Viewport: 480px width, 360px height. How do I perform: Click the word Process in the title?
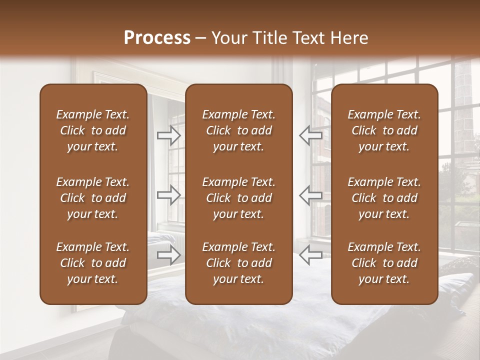click(157, 37)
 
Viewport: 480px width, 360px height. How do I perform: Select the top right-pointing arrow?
click(168, 135)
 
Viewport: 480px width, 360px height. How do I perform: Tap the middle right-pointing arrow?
click(168, 195)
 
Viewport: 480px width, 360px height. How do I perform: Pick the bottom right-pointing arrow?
click(168, 255)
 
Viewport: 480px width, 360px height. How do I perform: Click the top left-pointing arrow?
click(310, 135)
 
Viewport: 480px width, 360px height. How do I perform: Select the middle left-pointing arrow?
click(310, 195)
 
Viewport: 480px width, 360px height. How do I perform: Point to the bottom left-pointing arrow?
click(310, 255)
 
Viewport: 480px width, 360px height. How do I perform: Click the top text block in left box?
click(93, 130)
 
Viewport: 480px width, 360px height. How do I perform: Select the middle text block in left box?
click(93, 198)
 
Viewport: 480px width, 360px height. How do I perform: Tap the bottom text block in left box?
click(93, 263)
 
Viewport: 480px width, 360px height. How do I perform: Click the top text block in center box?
click(238, 130)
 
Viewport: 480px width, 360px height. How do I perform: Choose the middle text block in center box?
click(238, 198)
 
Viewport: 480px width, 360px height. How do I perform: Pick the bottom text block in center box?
click(238, 263)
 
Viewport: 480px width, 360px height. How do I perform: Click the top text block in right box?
click(384, 130)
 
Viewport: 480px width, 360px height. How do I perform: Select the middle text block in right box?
click(384, 198)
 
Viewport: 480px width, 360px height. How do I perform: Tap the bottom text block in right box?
click(384, 263)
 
